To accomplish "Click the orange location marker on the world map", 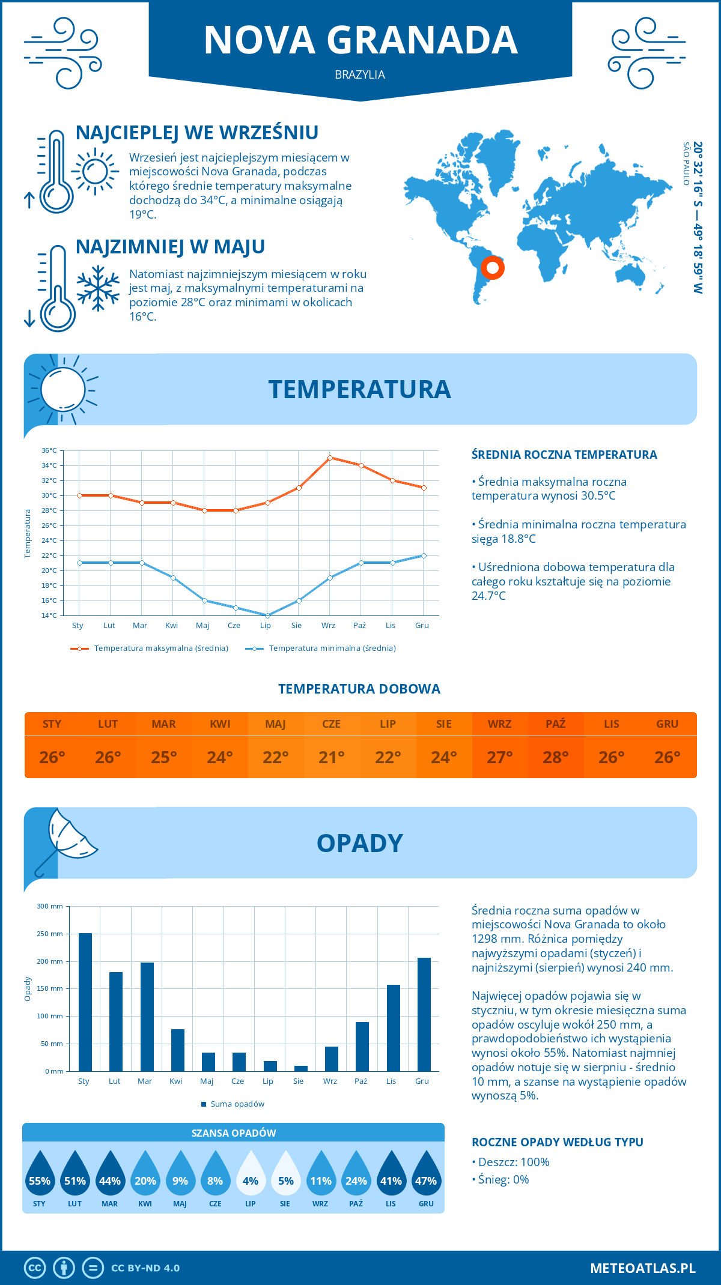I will point(493,267).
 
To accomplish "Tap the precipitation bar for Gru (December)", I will point(424,1014).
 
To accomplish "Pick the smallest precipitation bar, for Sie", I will point(301,1068).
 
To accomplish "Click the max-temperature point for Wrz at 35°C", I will point(330,458).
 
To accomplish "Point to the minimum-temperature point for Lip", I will point(267,615).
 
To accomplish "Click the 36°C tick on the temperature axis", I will point(49,450).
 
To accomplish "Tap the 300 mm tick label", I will point(50,906).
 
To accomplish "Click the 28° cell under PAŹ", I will point(556,757).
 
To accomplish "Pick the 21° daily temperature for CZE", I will point(332,757).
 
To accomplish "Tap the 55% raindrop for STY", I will point(40,1173).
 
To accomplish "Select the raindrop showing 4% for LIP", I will point(251,1173).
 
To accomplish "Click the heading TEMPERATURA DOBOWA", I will point(359,689).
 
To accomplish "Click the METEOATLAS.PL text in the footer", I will point(643,1268).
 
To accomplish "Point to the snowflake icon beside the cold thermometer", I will point(98,288).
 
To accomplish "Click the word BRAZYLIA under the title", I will point(360,74).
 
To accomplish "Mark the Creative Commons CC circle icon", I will point(35,1268).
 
